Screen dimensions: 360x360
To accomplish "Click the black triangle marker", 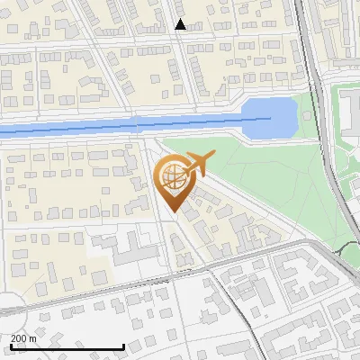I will pyautogui.click(x=180, y=24).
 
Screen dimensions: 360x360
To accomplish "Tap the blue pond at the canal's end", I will pyautogui.click(x=269, y=117).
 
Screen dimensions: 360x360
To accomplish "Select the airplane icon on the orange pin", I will pyautogui.click(x=198, y=164).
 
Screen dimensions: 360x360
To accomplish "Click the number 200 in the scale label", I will pyautogui.click(x=19, y=338).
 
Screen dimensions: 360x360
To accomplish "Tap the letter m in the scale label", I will pyautogui.click(x=33, y=338).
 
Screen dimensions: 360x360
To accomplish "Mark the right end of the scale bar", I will pyautogui.click(x=123, y=346).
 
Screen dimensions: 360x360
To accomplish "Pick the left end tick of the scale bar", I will pyautogui.click(x=10, y=346).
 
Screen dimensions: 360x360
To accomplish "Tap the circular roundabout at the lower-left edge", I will pyautogui.click(x=7, y=307).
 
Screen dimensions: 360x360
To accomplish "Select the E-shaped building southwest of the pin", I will pyautogui.click(x=130, y=247).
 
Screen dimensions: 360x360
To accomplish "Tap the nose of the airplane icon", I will pyautogui.click(x=214, y=157).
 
